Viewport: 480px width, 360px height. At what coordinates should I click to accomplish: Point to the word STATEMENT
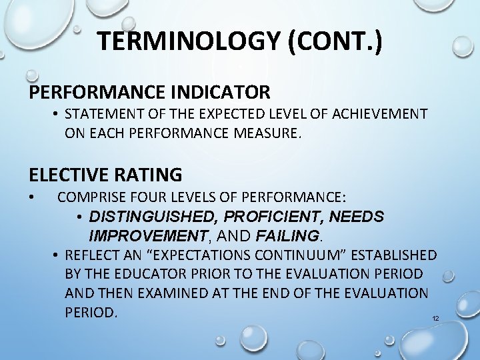click(100, 114)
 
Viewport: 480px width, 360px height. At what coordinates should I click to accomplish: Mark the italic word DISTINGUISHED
click(154, 217)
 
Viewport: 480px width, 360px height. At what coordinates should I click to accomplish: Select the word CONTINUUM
click(297, 255)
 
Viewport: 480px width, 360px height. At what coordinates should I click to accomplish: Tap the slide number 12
click(435, 319)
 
